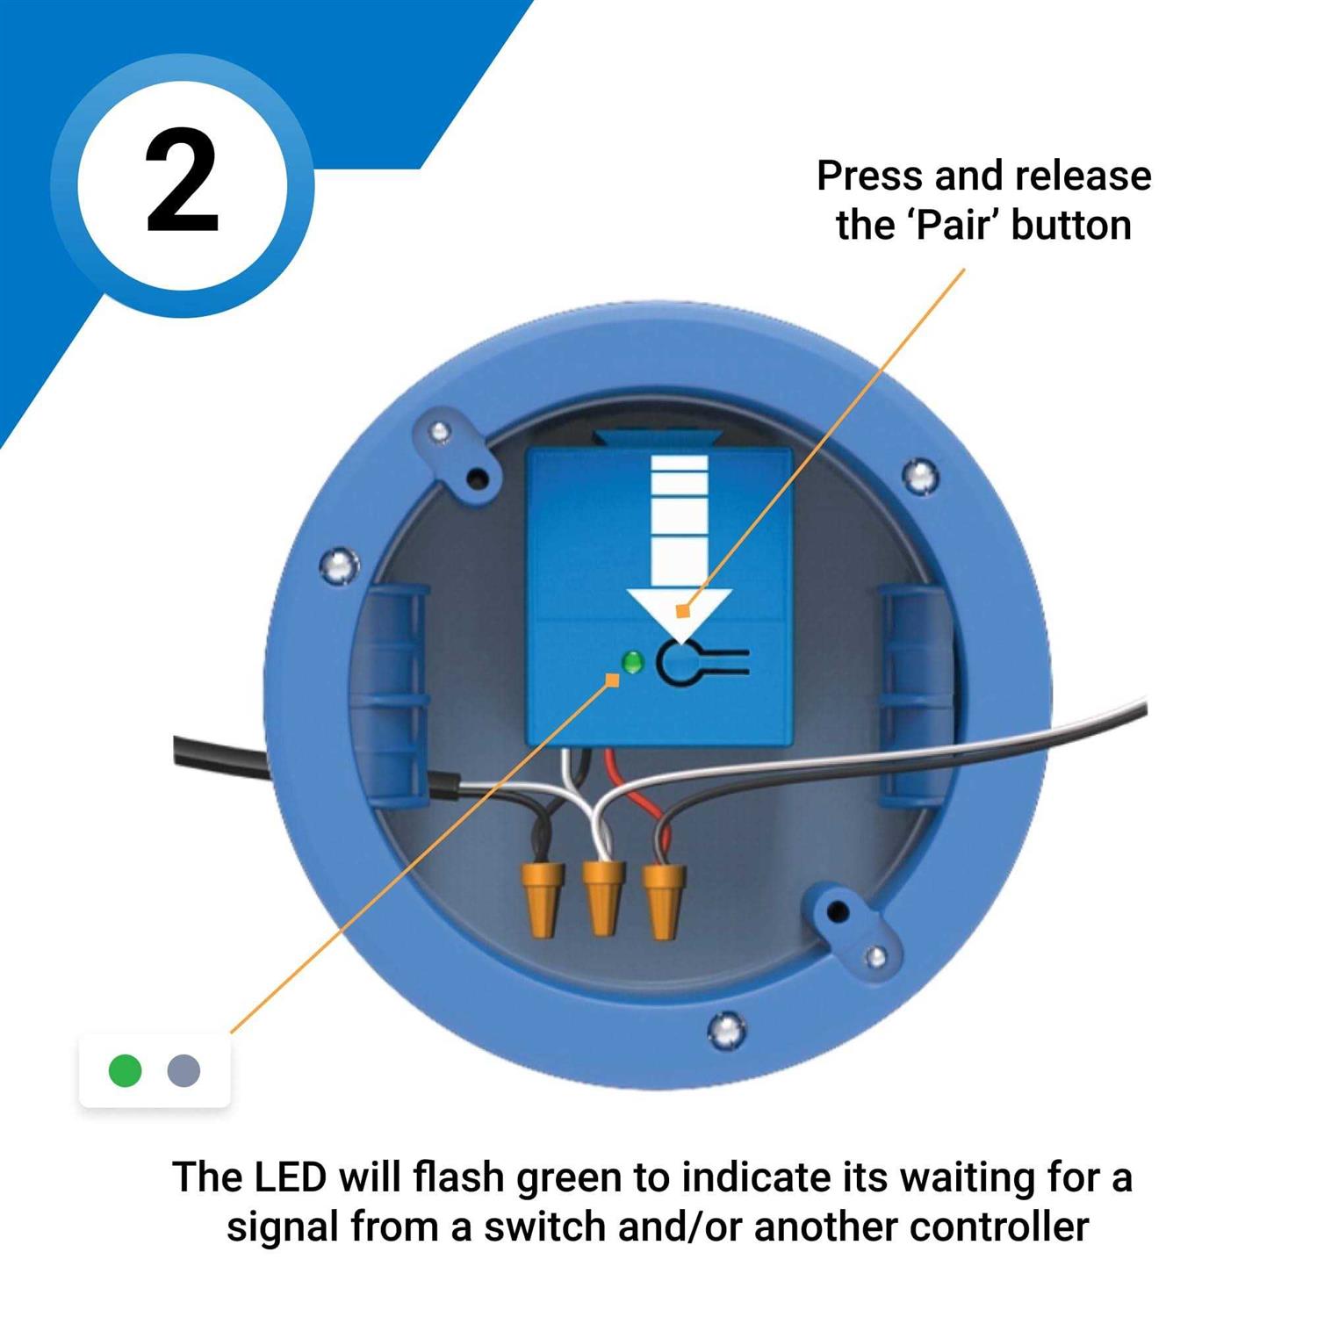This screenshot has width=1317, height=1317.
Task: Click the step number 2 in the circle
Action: click(182, 182)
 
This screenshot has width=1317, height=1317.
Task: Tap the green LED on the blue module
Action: click(631, 662)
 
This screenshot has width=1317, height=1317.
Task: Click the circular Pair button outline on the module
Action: click(677, 664)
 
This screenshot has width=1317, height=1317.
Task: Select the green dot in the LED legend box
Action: click(125, 1070)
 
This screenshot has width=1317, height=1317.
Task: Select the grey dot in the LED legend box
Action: click(184, 1070)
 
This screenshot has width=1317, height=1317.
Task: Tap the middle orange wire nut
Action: click(602, 897)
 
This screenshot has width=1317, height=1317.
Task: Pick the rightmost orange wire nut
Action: click(663, 900)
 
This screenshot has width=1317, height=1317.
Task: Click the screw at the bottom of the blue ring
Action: click(727, 1030)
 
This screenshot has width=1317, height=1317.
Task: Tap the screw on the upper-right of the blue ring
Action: click(920, 477)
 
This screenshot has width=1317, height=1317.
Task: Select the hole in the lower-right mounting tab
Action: click(838, 910)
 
